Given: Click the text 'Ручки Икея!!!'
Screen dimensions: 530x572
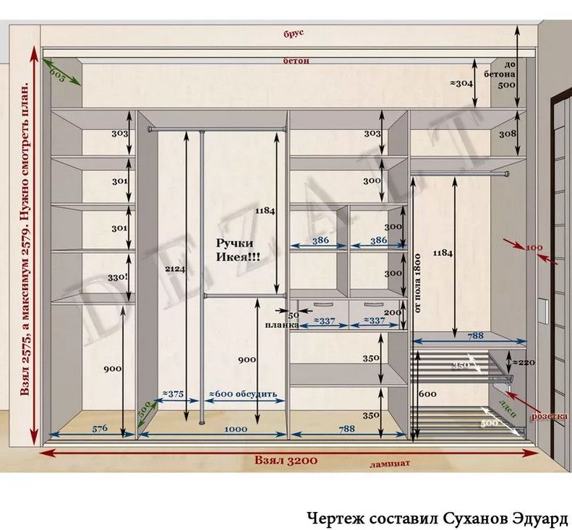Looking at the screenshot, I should (238, 250).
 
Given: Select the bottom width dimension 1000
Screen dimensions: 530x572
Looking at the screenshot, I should (235, 429).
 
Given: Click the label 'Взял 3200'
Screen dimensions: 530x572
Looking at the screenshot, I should (285, 459).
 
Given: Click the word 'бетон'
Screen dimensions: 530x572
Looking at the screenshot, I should (296, 61).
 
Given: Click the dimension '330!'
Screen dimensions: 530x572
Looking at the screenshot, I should (119, 277).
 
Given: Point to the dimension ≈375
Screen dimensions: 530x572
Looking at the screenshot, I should (173, 394).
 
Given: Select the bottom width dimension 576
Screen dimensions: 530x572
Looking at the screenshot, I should (101, 429).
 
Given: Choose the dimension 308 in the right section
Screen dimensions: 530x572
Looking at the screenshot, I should (507, 134).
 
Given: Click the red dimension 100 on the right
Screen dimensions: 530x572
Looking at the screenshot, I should (534, 249).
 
